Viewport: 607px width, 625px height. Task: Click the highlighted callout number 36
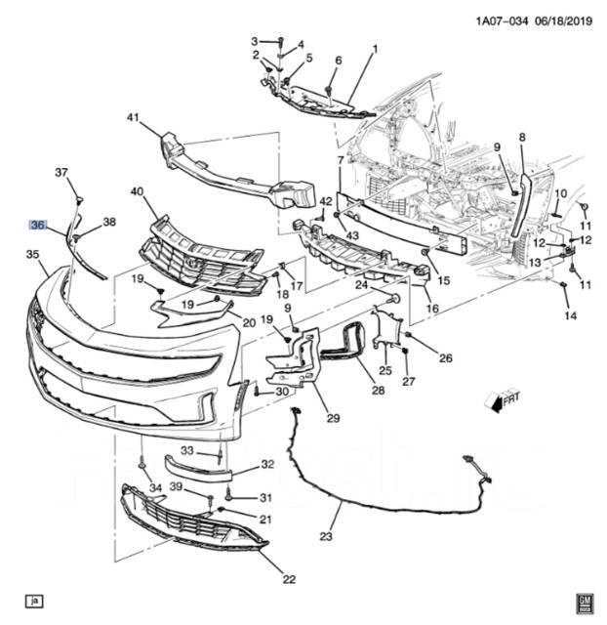coord(38,225)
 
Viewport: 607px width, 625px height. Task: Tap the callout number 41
coord(134,118)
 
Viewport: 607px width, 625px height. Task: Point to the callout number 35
coord(32,255)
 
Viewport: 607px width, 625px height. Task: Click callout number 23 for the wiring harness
coord(326,536)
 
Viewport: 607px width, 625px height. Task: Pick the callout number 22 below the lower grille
coord(289,579)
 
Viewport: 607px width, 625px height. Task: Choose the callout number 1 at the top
coord(375,49)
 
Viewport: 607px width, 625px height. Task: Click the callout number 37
coord(61,173)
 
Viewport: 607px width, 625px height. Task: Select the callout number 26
coord(446,358)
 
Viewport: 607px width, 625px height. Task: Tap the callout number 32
coord(240,465)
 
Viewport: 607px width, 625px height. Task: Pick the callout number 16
coord(432,309)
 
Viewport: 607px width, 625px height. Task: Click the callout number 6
coord(339,62)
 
